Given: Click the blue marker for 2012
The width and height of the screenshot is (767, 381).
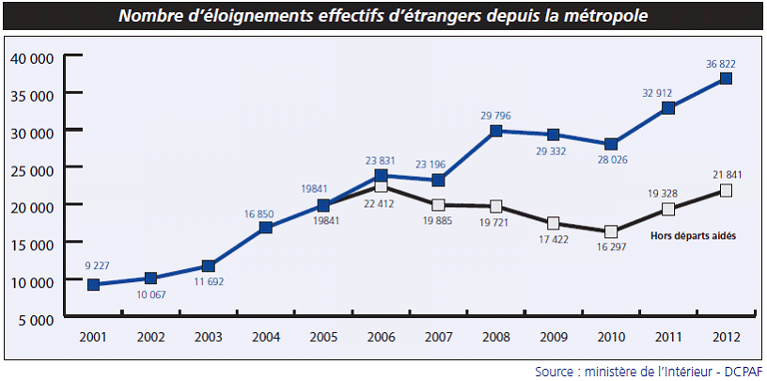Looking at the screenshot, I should coord(726,79).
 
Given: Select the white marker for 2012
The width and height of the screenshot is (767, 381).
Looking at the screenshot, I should coord(726,190).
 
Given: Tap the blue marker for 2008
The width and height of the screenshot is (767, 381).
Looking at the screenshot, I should coord(495,131).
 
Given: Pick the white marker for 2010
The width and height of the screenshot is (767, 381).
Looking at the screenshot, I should coord(611,231).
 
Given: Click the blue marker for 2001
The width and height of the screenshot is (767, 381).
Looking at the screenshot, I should coord(93,284).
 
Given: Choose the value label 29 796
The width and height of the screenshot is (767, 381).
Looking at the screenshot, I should coord(495,116).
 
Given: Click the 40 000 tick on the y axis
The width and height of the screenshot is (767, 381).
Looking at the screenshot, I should coord(31,57).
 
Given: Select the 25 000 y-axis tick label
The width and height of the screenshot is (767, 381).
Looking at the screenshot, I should coord(31,168).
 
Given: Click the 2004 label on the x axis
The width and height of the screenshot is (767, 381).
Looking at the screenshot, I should coord(266,336).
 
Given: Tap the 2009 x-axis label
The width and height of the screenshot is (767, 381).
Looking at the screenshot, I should coord(554,336).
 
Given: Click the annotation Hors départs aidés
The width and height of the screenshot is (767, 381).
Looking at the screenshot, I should coord(693,235).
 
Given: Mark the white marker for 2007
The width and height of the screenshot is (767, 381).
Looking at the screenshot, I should coord(438,205).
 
